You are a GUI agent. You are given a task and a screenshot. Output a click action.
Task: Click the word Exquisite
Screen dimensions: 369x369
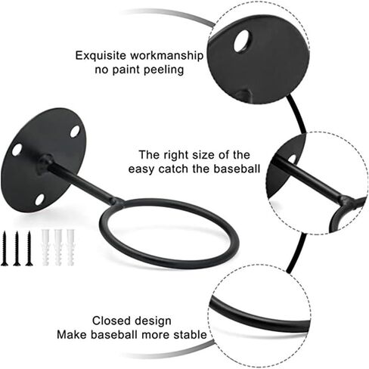101,55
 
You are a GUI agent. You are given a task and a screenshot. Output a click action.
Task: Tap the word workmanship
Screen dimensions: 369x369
166,55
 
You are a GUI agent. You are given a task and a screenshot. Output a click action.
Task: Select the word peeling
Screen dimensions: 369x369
163,70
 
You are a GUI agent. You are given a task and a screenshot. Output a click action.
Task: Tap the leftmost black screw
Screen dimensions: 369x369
5,248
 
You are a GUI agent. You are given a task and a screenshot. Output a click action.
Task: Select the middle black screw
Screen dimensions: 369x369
17,248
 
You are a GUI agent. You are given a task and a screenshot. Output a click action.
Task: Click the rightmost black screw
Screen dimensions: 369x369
29,248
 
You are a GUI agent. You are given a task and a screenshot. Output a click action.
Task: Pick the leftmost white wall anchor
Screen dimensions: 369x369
45,247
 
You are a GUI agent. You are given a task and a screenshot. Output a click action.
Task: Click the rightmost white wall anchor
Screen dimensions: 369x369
70,247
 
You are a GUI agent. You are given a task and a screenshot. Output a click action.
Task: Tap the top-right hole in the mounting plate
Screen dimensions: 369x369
75,132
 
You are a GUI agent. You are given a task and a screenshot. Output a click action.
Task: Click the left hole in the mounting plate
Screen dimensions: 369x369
17,150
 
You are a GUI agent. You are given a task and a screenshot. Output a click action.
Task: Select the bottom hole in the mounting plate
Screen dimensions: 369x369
39,200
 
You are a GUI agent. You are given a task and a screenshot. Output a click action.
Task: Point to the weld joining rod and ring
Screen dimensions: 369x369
116,202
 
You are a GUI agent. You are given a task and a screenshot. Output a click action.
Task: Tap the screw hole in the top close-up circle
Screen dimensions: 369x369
243,42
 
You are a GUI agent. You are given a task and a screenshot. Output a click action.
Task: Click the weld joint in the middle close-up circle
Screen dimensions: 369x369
346,201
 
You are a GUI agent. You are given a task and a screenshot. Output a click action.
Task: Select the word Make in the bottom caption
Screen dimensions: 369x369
73,335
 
